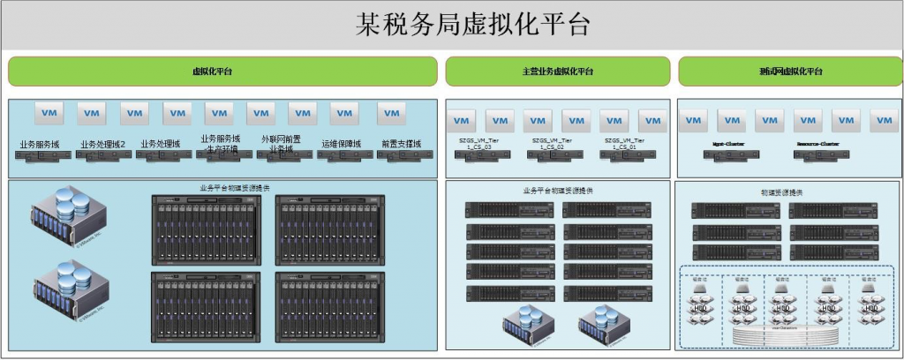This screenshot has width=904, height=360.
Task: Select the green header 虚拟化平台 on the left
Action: point(222,71)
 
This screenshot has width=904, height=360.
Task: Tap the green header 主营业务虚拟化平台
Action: point(557,71)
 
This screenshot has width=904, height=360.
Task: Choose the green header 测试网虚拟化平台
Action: point(790,71)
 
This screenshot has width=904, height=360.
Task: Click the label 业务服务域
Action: point(40,143)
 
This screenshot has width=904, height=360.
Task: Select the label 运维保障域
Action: point(342,143)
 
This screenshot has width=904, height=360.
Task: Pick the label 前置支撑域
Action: point(402,143)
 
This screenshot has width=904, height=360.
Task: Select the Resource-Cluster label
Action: point(817,141)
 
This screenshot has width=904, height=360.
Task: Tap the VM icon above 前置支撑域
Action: point(391,113)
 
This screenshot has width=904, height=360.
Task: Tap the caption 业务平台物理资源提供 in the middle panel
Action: point(558,191)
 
